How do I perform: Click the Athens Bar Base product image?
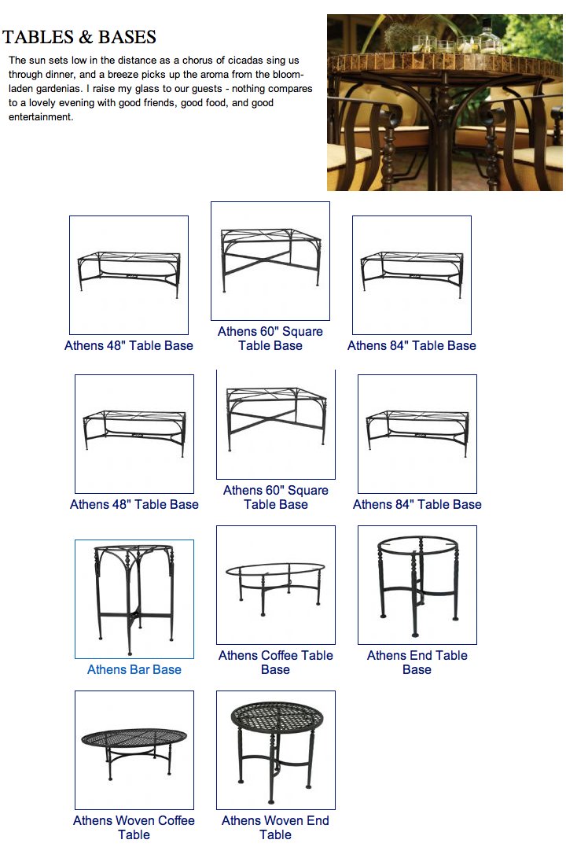click(x=134, y=599)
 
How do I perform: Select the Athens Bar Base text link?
click(x=134, y=670)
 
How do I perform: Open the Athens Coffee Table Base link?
click(x=275, y=663)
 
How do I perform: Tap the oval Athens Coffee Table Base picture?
click(x=275, y=585)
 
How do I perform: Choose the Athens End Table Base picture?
click(x=417, y=585)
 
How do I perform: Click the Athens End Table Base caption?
click(x=417, y=663)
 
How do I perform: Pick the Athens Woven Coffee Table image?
click(x=134, y=750)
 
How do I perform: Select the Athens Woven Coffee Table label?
click(x=134, y=827)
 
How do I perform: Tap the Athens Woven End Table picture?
click(x=275, y=750)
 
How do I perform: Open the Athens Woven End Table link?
click(x=275, y=827)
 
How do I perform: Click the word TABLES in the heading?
click(x=38, y=37)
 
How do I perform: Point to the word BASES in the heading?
click(x=127, y=37)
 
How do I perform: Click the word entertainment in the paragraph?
click(x=41, y=117)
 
